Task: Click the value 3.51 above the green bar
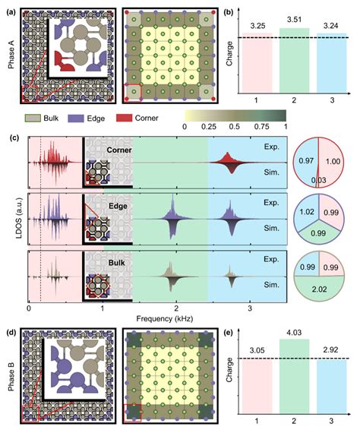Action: click(294, 20)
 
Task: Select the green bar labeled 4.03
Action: click(294, 376)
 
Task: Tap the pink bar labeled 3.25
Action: click(257, 63)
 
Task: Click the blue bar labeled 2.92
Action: click(332, 387)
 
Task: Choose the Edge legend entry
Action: click(87, 119)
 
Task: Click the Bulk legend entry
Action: click(42, 119)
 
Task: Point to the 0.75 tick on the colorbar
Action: click(262, 127)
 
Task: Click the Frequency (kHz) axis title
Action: click(165, 319)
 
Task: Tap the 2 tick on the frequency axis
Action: click(176, 308)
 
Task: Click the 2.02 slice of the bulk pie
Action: click(319, 289)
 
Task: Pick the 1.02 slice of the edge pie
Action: click(307, 212)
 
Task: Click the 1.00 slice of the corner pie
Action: click(332, 162)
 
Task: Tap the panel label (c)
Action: click(14, 138)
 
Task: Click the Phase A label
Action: click(11, 55)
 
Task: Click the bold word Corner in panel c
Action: click(119, 150)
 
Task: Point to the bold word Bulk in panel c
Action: click(116, 263)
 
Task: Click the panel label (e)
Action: click(229, 333)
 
